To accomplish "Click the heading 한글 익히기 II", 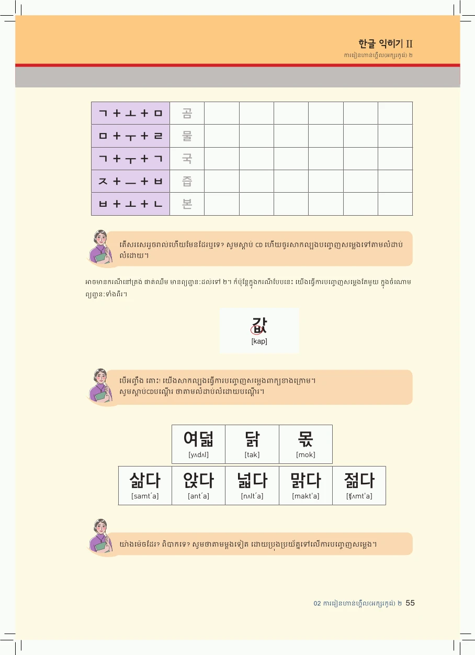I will coord(386,44).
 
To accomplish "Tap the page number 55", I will coord(410,603).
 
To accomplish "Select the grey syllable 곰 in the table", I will coord(187,113).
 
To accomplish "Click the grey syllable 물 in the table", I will coord(187,136).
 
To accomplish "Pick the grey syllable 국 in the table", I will coord(187,159).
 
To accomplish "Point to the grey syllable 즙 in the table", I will coord(187,181).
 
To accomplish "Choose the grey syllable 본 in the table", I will coord(187,204).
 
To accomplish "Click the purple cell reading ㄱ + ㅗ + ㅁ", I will coord(131,113).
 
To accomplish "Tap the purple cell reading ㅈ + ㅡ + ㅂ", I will coord(131,181).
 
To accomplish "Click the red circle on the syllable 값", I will coord(257,329).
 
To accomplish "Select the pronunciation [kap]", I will coord(259,341).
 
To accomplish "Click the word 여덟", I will coord(198,439).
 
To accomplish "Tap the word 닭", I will coord(252,439).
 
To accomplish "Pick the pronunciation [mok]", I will coord(306,454).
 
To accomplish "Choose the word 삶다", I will coord(145,480).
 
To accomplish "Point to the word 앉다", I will coord(198,480).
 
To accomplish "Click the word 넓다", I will coord(252,480).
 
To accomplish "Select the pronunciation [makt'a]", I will coord(306,496).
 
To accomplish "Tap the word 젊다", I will coord(359,480).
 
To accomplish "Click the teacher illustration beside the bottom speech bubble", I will coord(100,536).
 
